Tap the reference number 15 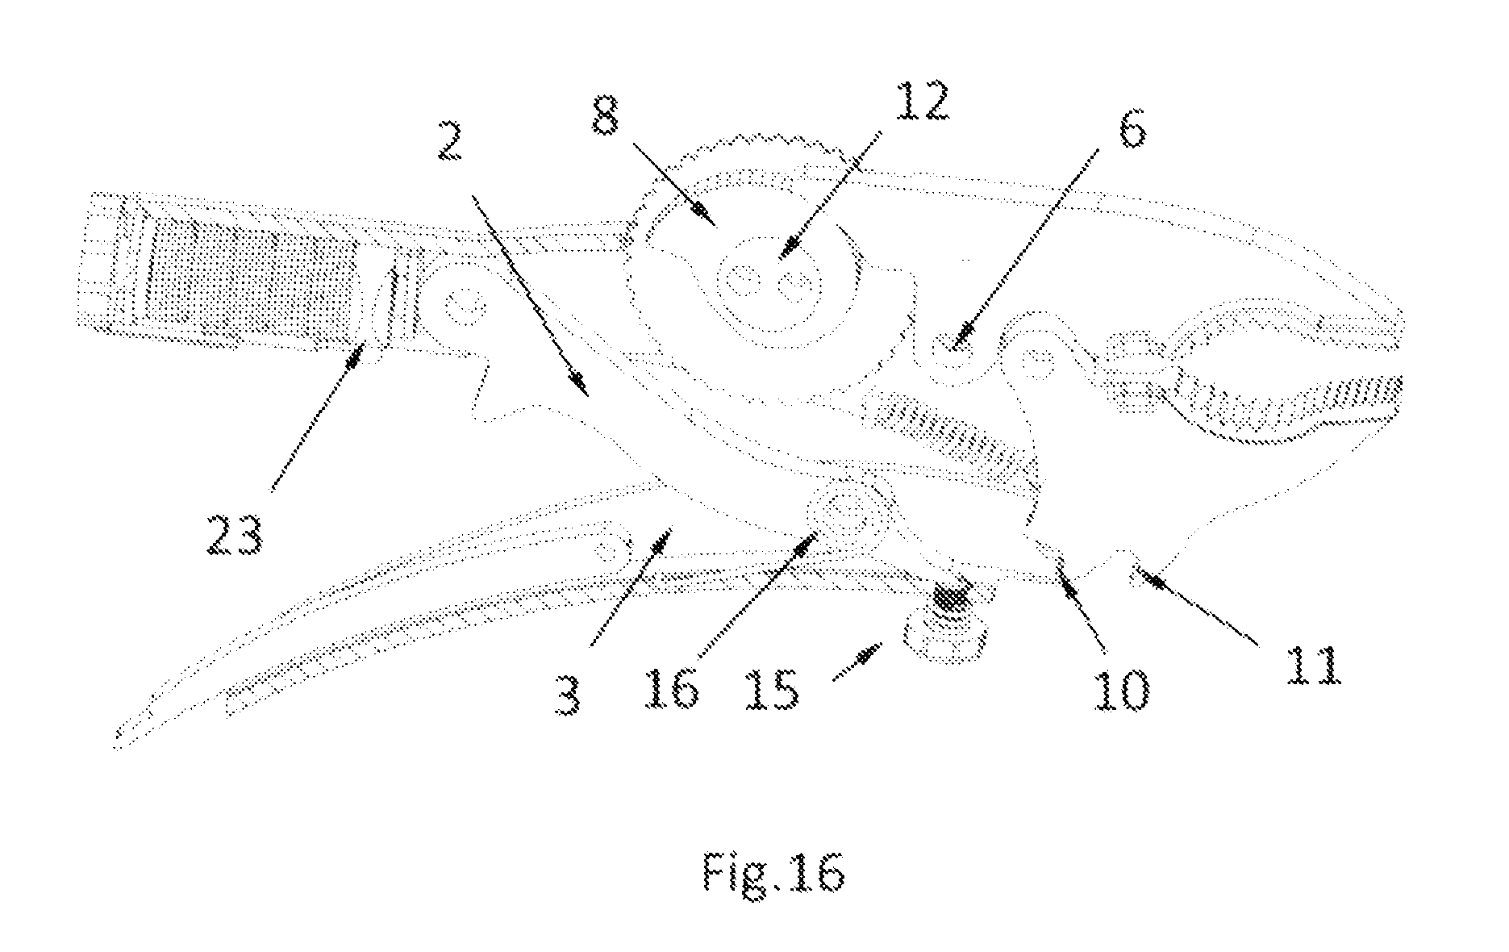pyautogui.click(x=771, y=688)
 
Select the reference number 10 pyautogui.click(x=1119, y=688)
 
